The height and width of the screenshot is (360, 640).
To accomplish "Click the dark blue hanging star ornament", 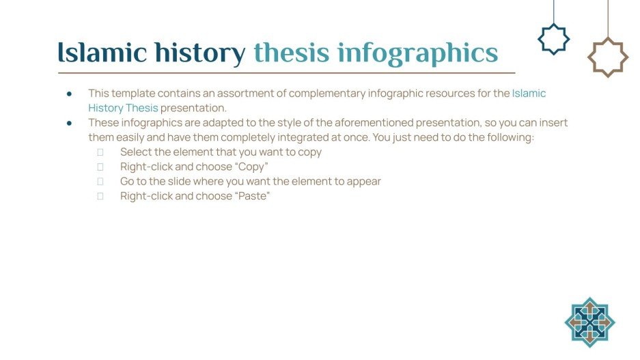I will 553,39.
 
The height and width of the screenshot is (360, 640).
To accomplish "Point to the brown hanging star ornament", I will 607,57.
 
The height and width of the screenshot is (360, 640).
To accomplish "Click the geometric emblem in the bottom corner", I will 589,322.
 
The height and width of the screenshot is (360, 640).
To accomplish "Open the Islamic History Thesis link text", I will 529,94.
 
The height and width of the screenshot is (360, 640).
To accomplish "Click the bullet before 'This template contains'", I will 70,94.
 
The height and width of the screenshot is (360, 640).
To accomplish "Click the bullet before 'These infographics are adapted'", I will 70,123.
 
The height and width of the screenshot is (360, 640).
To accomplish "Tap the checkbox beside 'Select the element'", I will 100,152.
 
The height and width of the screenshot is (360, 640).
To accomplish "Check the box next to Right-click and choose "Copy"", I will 100,167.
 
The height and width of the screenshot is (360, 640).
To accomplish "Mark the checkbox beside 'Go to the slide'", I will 100,182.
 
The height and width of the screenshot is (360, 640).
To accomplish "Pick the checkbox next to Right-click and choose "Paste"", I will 100,197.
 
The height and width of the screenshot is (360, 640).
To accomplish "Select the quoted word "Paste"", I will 252,196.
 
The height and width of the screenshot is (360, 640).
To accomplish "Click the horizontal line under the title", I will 287,72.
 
